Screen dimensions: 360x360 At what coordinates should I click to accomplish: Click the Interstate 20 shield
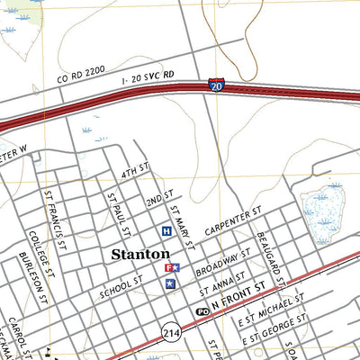(x=216, y=85)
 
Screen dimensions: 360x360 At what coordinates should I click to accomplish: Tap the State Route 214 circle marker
(x=171, y=332)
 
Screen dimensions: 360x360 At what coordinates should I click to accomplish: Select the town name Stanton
(x=140, y=255)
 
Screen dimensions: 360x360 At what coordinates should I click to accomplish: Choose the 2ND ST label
(x=158, y=197)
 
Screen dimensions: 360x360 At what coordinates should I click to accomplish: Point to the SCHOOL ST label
(x=122, y=287)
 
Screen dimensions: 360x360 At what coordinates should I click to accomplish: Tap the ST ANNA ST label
(x=222, y=283)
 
